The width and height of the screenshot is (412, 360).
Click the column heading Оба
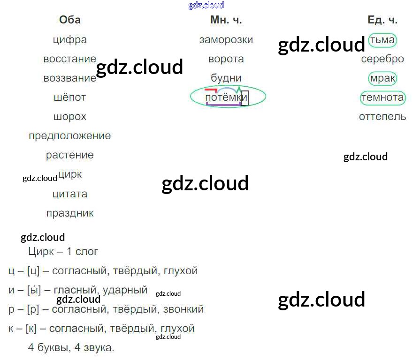[69, 20]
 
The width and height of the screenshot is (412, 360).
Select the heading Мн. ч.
[226, 20]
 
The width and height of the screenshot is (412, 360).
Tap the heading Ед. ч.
[382, 20]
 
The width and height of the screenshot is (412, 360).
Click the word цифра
[70, 39]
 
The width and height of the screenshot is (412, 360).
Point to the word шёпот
[70, 97]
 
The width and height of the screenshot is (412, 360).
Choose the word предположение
[70, 136]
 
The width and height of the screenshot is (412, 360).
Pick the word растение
[70, 155]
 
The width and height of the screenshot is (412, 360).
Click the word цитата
[70, 194]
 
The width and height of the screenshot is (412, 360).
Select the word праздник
[70, 213]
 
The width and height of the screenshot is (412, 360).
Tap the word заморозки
[226, 39]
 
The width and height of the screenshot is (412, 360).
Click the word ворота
[226, 59]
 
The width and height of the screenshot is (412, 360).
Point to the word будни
[226, 78]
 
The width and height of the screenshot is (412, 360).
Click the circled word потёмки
[223, 97]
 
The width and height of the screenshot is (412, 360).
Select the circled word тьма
[382, 39]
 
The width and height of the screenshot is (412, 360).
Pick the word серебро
[382, 59]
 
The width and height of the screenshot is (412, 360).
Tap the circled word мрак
[382, 78]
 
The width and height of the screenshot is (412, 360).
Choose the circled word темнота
[382, 97]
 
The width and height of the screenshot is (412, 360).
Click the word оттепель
[382, 117]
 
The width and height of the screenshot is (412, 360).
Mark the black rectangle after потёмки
[244, 98]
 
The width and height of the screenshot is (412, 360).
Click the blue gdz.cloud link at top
[206, 5]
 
